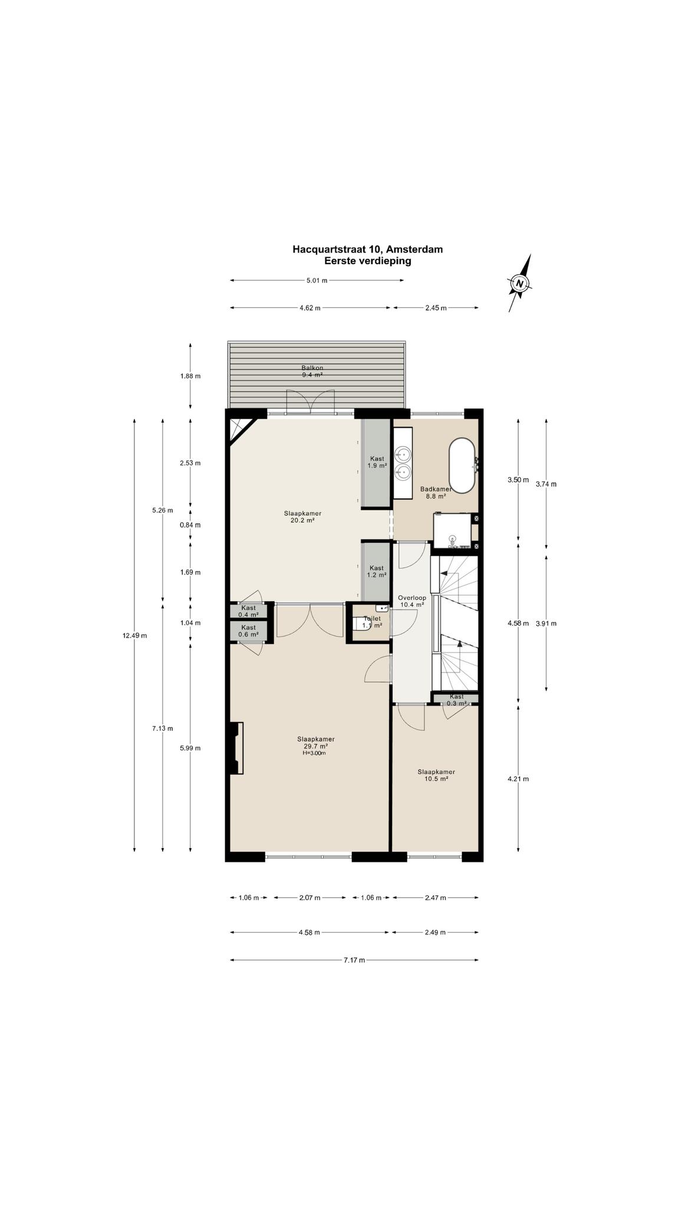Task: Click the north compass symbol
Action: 519,283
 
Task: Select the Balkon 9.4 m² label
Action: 312,371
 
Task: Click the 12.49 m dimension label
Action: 134,635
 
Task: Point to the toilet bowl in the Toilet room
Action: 361,624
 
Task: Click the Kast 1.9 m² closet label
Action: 377,462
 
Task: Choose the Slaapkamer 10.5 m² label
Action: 436,775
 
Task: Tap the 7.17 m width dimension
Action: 354,960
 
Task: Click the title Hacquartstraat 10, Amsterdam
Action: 368,249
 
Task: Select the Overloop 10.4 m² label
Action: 412,601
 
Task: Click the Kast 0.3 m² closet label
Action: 456,700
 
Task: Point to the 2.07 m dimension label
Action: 309,898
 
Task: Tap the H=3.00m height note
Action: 315,753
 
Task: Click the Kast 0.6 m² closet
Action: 249,631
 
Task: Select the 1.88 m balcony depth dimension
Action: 190,376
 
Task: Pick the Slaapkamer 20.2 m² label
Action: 302,517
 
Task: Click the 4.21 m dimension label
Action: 518,779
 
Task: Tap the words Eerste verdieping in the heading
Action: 368,261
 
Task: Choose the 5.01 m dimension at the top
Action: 317,280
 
